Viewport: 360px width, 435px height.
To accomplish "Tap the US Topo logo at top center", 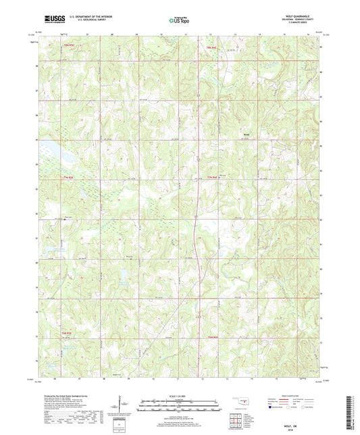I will point(178,20).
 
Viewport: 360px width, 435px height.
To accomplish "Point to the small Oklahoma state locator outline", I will point(241,404).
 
